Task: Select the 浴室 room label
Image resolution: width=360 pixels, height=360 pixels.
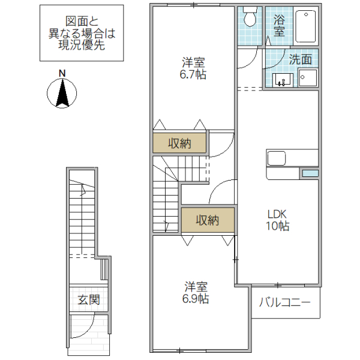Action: (x=279, y=25)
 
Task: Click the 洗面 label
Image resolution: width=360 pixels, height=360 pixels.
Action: (x=300, y=59)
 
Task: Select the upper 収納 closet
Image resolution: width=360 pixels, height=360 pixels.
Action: (x=179, y=143)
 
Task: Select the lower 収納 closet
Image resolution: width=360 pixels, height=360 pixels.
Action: (x=208, y=220)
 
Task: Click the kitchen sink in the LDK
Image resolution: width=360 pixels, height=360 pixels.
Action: (x=277, y=159)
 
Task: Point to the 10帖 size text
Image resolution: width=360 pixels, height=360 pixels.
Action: (x=278, y=226)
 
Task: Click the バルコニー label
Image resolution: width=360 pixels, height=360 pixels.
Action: (x=285, y=302)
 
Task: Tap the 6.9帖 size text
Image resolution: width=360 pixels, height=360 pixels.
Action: (x=196, y=298)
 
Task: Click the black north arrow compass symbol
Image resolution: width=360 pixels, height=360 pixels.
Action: (x=62, y=94)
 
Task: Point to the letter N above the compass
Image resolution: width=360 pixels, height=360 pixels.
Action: (x=62, y=73)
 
